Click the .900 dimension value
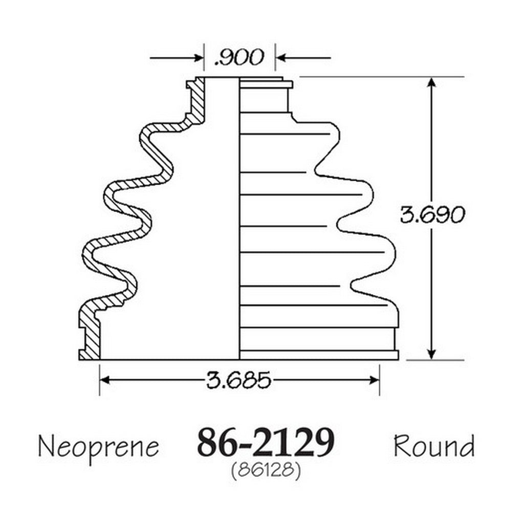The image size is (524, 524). (x=239, y=57)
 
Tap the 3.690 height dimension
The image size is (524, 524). (x=432, y=214)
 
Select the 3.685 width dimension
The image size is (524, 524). (x=238, y=380)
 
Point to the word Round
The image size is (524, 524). (x=434, y=446)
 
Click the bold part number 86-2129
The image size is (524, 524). (x=266, y=442)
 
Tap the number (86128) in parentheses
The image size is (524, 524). (x=266, y=471)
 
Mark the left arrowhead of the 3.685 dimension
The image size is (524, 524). (x=105, y=380)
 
